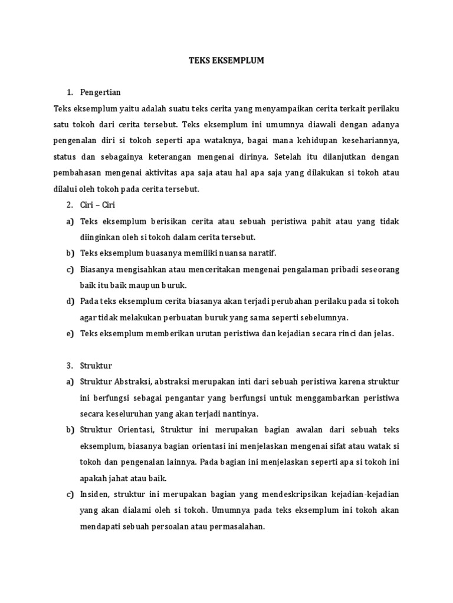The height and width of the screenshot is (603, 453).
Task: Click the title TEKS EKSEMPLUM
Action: click(x=226, y=60)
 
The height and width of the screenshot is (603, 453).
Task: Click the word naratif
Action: click(x=261, y=253)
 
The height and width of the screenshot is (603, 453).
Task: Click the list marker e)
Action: click(x=70, y=333)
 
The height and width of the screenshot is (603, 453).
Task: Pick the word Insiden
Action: click(x=94, y=493)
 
